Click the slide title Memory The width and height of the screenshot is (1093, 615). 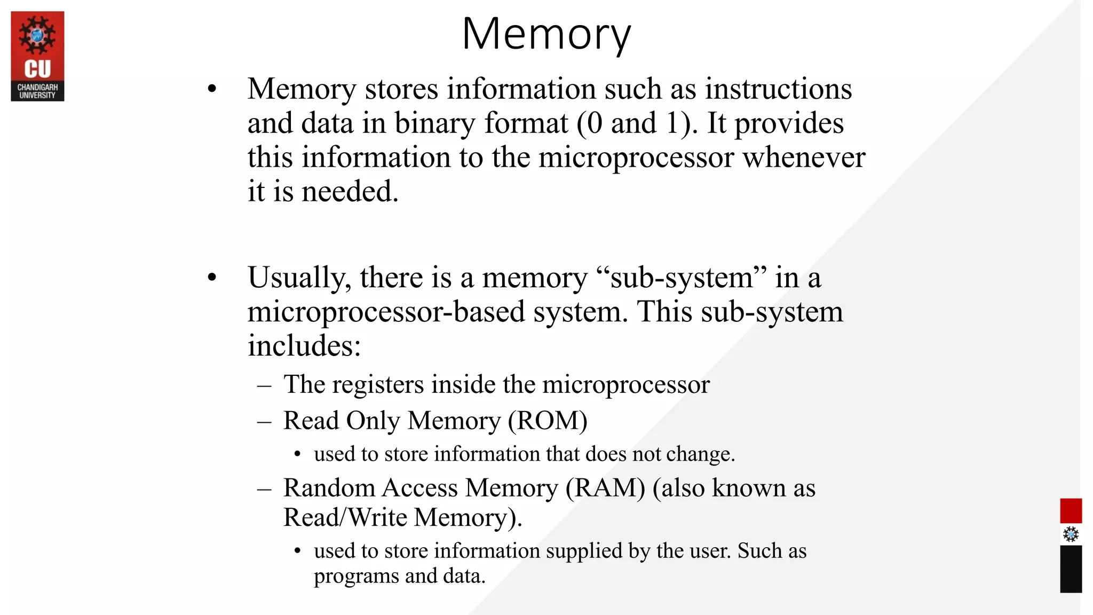coord(546,35)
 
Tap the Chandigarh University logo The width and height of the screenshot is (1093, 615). coord(37,56)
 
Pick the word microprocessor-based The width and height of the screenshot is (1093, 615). coord(386,312)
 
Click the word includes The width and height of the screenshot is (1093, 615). coord(304,346)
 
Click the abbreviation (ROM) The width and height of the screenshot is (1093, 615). coord(548,421)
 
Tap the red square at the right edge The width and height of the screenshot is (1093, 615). coord(1071,511)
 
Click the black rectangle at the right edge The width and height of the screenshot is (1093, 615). coord(1071,569)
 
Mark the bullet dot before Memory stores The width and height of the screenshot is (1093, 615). coord(212,89)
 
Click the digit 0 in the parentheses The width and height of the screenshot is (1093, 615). coord(594,123)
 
